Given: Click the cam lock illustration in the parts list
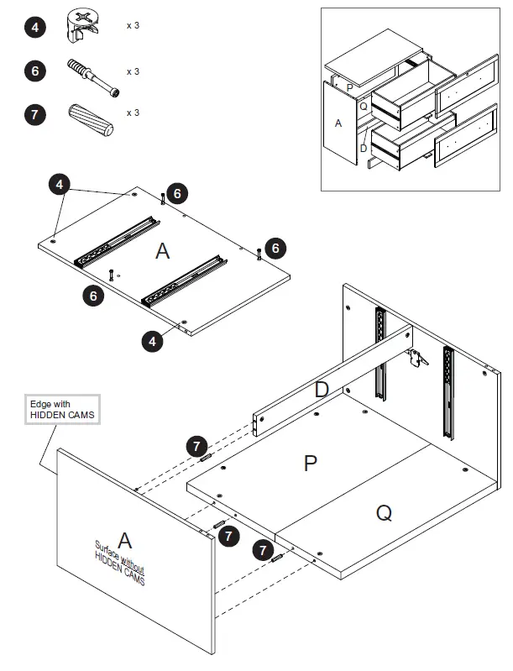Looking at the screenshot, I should point(81,25).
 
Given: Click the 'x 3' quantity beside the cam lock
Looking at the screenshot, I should point(133,26).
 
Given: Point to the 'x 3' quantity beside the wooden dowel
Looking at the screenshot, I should point(133,113).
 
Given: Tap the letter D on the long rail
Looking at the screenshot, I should point(322,390).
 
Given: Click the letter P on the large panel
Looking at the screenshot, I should point(310,463).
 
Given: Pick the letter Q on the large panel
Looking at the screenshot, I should point(383,512).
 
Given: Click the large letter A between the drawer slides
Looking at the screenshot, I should point(163,250).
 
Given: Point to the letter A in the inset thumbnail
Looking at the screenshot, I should point(338,123).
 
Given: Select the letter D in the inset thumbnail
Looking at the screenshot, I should point(363,149).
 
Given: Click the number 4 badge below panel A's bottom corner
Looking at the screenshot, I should point(152,342).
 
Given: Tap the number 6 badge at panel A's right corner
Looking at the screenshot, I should point(275,248).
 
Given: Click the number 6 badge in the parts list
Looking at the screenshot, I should point(34,71).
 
